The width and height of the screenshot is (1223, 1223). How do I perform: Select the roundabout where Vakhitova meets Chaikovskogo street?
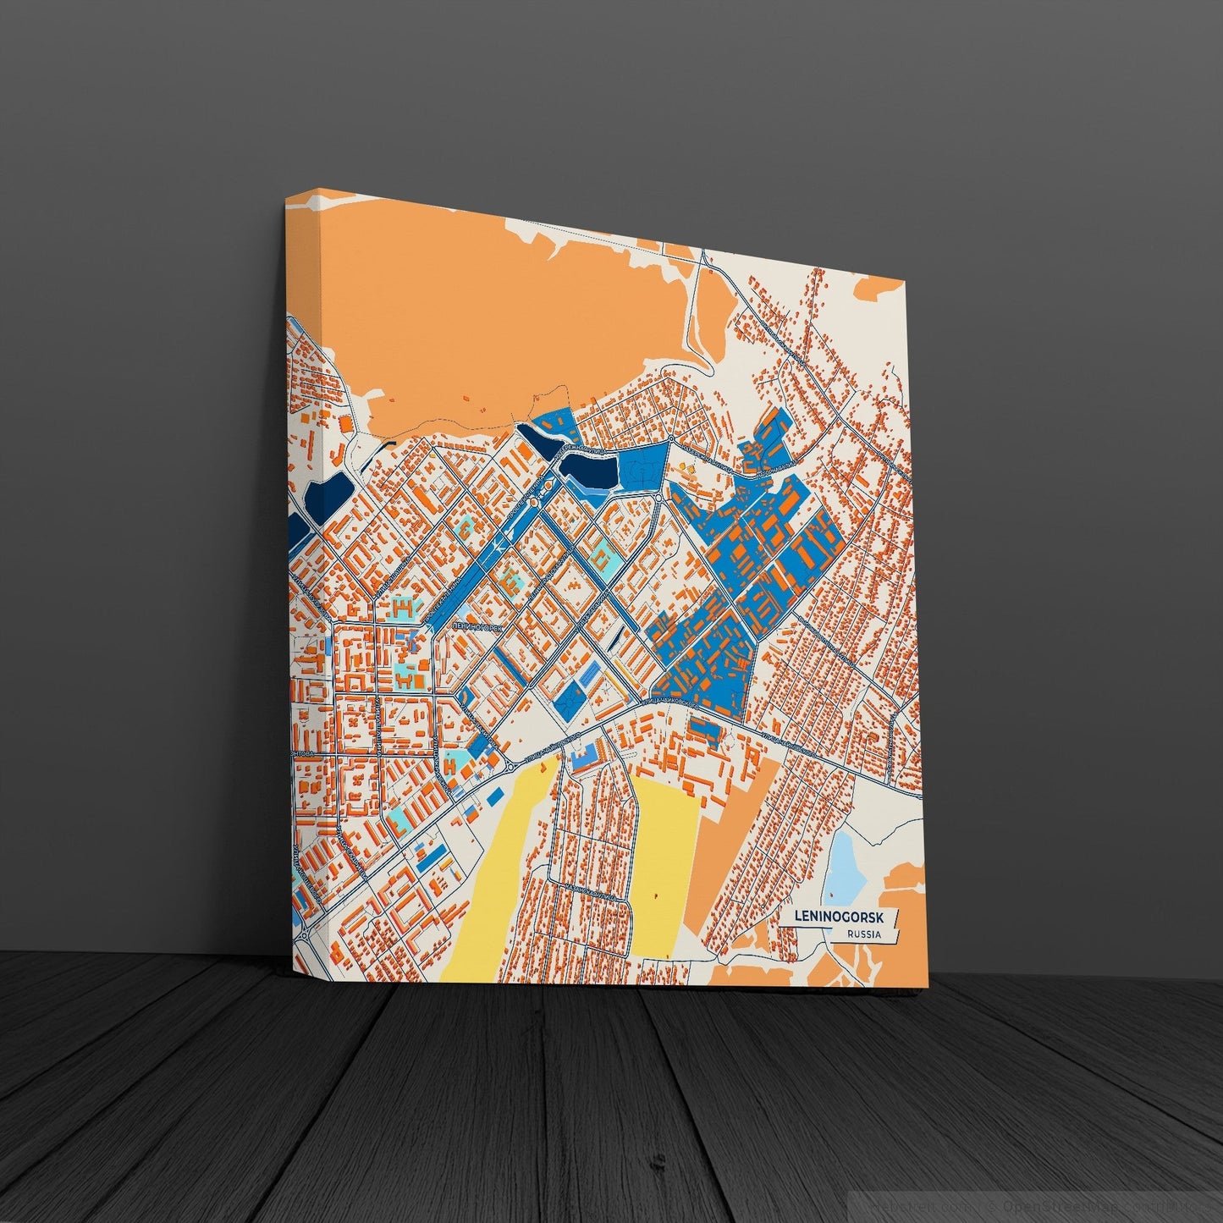coord(510,766)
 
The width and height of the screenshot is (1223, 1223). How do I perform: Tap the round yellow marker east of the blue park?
coord(678,466)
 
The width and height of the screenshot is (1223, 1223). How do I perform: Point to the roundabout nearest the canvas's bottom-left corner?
coord(304,937)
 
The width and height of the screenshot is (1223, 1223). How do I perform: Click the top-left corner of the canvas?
coord(287,201)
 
